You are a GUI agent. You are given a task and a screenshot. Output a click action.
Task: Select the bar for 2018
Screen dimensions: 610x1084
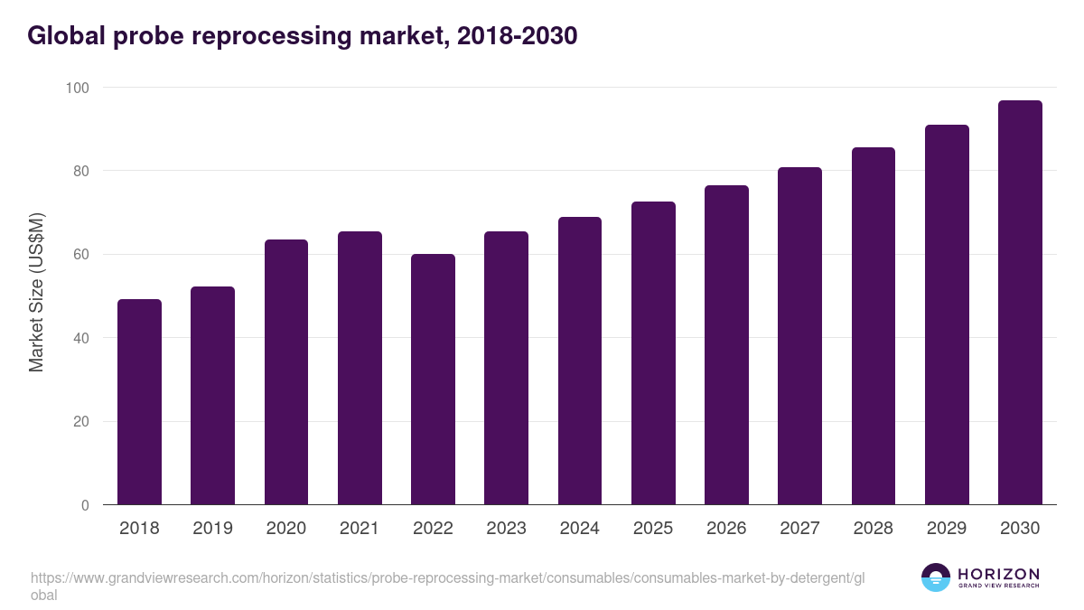139,402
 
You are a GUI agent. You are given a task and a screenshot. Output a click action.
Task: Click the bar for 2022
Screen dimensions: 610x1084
433,380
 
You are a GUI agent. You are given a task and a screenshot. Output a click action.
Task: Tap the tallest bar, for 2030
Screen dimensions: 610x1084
1020,303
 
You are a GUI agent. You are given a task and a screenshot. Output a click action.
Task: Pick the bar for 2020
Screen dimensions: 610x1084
286,372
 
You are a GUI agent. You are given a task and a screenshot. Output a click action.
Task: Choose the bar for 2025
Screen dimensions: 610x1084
653,353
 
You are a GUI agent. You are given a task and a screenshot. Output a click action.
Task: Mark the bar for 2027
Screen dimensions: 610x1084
799,336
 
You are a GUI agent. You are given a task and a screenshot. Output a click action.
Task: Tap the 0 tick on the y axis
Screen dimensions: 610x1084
85,505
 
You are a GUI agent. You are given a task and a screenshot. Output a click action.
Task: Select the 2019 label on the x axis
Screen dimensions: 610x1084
212,529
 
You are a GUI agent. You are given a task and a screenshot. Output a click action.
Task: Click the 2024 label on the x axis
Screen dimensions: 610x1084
579,529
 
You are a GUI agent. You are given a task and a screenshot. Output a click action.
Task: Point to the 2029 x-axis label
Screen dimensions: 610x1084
946,529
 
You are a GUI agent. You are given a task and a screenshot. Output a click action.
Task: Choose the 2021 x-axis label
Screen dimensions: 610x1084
360,529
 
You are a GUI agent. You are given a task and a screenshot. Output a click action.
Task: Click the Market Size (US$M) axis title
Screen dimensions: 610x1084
36,292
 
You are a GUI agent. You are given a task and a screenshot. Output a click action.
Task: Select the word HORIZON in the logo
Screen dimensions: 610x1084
998,574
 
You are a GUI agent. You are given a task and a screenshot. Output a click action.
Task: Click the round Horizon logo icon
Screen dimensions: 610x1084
936,577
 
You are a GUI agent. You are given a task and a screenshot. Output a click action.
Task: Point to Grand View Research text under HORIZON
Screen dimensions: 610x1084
998,587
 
